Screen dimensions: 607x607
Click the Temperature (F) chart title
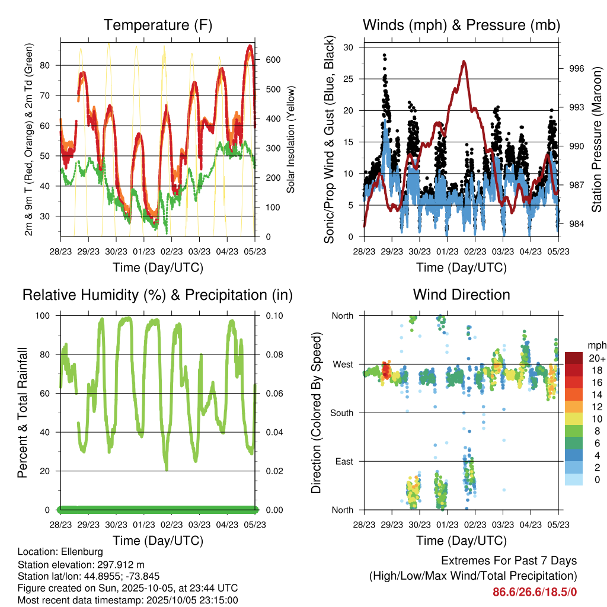click(x=158, y=25)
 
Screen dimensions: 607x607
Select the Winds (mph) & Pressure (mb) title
click(x=461, y=25)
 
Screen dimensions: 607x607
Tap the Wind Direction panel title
click(x=461, y=295)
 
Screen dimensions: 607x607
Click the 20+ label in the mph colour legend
click(x=597, y=358)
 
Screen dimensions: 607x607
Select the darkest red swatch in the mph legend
click(x=573, y=358)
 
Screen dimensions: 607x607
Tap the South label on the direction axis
click(x=342, y=413)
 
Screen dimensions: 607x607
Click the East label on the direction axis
click(x=344, y=461)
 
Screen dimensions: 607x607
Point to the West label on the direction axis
click(x=343, y=364)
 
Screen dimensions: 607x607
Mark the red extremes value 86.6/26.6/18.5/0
click(x=535, y=592)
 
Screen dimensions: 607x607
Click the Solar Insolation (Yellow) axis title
click(x=291, y=139)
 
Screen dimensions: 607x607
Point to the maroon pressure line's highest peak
click(x=464, y=61)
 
